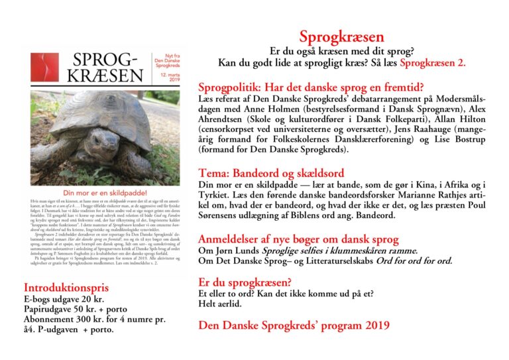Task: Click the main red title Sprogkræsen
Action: click(x=341, y=37)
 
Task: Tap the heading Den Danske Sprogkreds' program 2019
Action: click(x=294, y=325)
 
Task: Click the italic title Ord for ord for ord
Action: click(x=411, y=261)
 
